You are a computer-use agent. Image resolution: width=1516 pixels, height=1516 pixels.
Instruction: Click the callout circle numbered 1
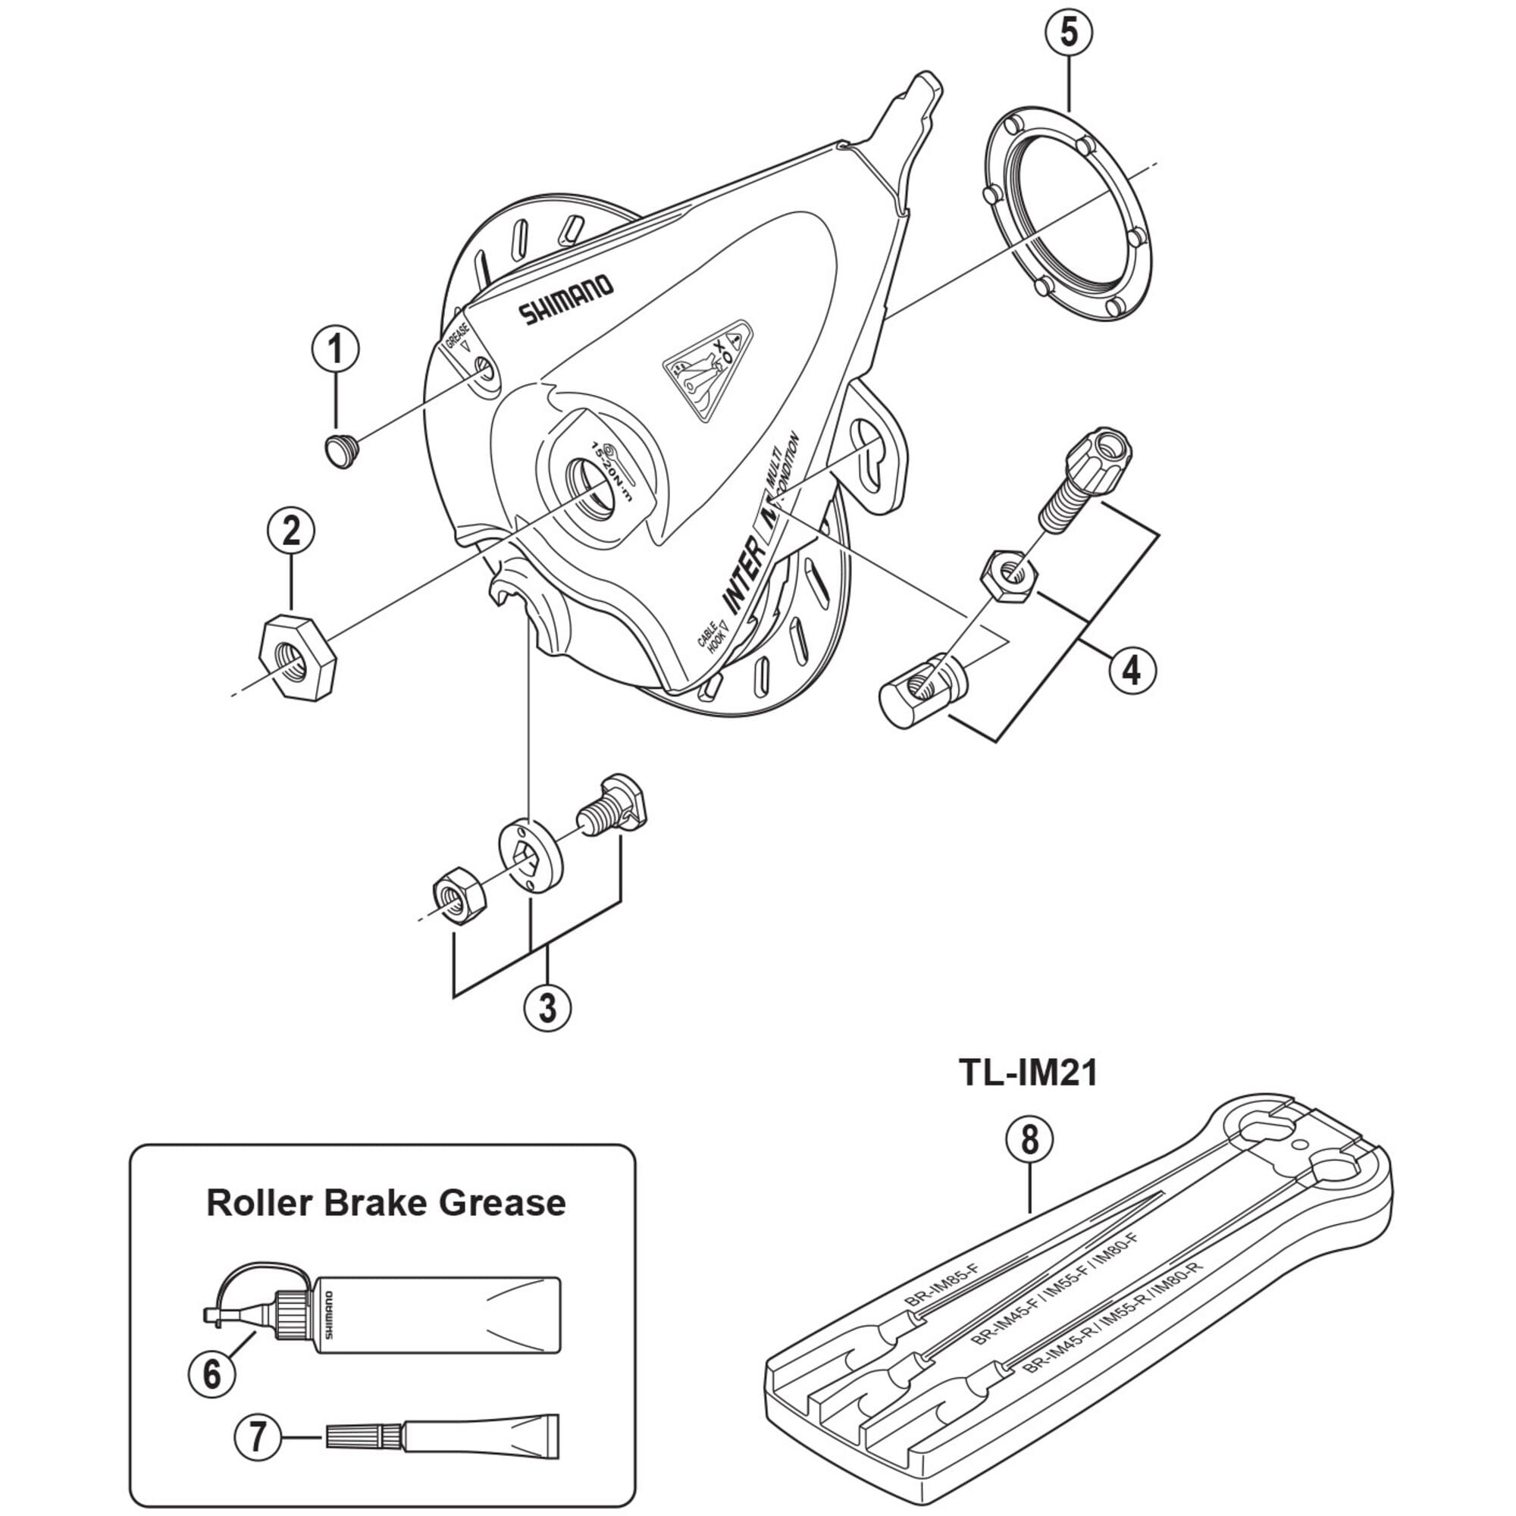[336, 350]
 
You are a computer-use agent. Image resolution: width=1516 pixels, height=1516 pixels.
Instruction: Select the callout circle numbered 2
[291, 532]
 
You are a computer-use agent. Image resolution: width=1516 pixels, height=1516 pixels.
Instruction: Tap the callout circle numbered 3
[548, 1007]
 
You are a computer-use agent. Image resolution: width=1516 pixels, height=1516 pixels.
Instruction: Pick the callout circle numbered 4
[1132, 670]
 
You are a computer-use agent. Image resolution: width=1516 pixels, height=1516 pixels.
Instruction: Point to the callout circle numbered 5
[1068, 34]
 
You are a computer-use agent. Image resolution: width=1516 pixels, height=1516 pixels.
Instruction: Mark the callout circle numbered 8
[1029, 1141]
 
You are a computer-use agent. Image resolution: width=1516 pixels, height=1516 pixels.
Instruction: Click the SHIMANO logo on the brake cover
[565, 299]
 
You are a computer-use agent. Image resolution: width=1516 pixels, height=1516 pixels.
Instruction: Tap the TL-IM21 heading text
[1028, 1073]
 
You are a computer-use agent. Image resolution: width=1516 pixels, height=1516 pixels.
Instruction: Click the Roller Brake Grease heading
[385, 1203]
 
